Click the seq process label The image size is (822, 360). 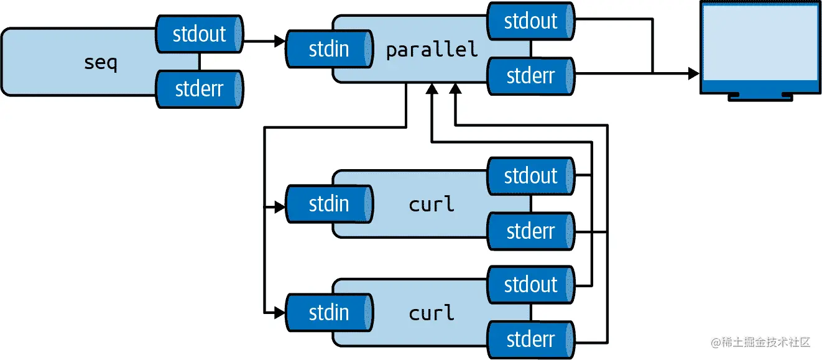click(x=100, y=62)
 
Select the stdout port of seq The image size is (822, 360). click(x=199, y=34)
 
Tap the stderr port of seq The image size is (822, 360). click(x=199, y=89)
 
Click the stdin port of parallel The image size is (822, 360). click(x=329, y=49)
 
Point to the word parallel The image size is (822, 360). click(x=432, y=50)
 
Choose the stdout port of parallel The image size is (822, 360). click(x=530, y=21)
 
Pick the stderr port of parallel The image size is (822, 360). click(x=530, y=76)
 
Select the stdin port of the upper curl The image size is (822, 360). click(x=329, y=204)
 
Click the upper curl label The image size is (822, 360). click(x=432, y=204)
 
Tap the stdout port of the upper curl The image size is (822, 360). click(x=530, y=176)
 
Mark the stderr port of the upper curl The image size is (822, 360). click(x=530, y=231)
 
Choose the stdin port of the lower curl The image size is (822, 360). click(x=329, y=312)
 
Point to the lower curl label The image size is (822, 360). click(x=432, y=313)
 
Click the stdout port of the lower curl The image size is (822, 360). click(x=530, y=285)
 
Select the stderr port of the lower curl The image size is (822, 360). click(x=530, y=339)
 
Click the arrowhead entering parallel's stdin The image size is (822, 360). click(x=279, y=42)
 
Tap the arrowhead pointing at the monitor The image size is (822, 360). click(x=693, y=74)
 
